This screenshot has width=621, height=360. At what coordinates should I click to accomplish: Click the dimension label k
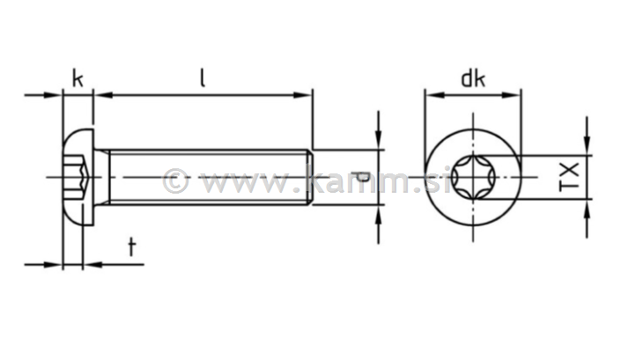tap(77, 79)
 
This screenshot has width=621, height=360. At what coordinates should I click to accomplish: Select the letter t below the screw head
tap(131, 247)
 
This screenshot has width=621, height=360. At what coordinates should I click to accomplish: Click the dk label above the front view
tap(474, 79)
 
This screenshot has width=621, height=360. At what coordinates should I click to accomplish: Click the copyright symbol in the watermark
tap(176, 182)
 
